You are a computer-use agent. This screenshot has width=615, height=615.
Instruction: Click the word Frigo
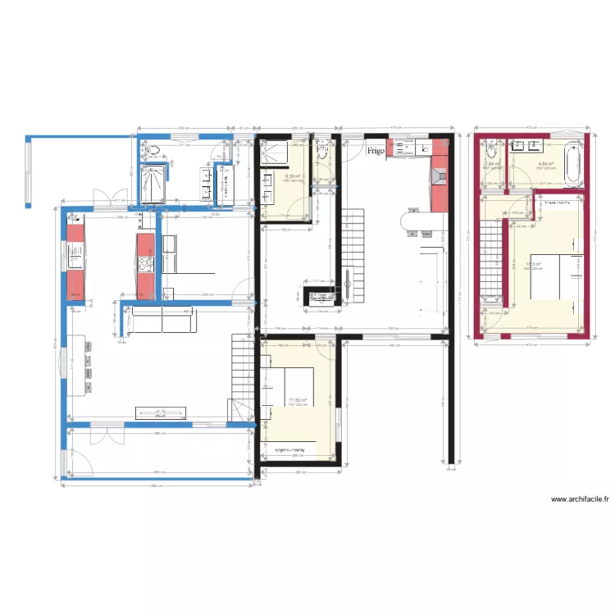pyautogui.click(x=376, y=151)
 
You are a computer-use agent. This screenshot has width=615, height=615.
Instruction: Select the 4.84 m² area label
pyautogui.click(x=545, y=164)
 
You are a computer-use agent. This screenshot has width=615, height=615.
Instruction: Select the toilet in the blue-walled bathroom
pyautogui.click(x=151, y=150)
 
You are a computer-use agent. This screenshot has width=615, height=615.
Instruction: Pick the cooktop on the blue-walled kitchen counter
pyautogui.click(x=146, y=264)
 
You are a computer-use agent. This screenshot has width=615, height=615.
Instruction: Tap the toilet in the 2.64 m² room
pyautogui.click(x=491, y=150)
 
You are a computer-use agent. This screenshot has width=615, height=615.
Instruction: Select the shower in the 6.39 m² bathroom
pyautogui.click(x=271, y=155)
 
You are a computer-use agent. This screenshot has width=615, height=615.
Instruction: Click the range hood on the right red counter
pyautogui.click(x=439, y=175)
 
